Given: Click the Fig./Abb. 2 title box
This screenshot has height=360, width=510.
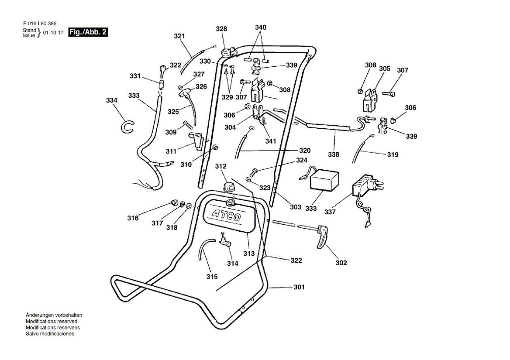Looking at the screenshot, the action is point(88,32).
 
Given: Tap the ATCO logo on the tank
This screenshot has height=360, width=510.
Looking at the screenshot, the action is point(227,216).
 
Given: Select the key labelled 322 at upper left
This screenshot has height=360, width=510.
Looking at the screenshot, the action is point(163,70).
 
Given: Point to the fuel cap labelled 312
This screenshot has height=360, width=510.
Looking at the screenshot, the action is point(229,187).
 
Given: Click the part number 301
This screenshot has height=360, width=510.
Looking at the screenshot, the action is point(299,287).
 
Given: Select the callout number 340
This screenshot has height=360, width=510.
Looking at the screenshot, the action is point(261,27).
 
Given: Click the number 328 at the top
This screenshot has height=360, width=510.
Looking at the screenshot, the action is point(221,29).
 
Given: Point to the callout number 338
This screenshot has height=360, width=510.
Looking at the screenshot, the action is point(334,154).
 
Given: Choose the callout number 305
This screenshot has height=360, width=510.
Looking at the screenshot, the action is point(384,69).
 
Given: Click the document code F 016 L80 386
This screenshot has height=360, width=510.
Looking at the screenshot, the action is point(40,24).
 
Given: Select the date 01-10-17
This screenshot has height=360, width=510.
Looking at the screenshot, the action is point(53,33).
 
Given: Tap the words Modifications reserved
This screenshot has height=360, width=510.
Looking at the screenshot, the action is point(52,321).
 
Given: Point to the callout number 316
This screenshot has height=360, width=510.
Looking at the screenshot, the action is point(133,218).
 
